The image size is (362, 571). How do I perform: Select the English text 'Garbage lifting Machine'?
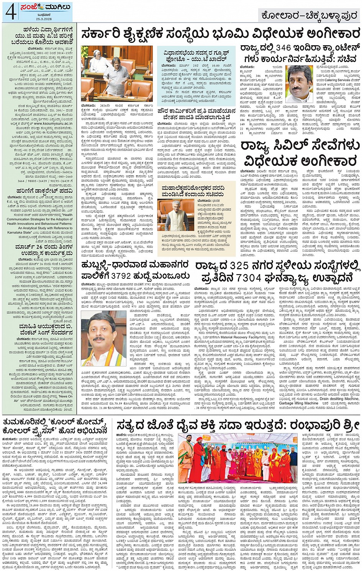(x=299, y=403)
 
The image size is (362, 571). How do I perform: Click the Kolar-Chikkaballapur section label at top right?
(x=308, y=15)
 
